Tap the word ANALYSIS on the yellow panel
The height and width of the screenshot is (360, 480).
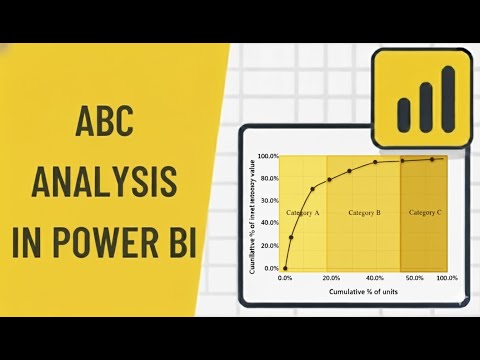(106, 184)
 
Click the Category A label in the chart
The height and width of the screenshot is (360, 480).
(303, 214)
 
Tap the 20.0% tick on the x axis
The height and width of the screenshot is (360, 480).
(330, 277)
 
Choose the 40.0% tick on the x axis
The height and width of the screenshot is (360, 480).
(374, 277)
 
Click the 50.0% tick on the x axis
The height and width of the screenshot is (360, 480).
(413, 277)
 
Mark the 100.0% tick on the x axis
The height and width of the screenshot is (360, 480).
(446, 277)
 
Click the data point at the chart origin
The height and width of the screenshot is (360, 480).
(285, 268)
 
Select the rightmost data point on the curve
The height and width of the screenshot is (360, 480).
(433, 159)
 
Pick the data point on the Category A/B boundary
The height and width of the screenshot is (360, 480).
(328, 180)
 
